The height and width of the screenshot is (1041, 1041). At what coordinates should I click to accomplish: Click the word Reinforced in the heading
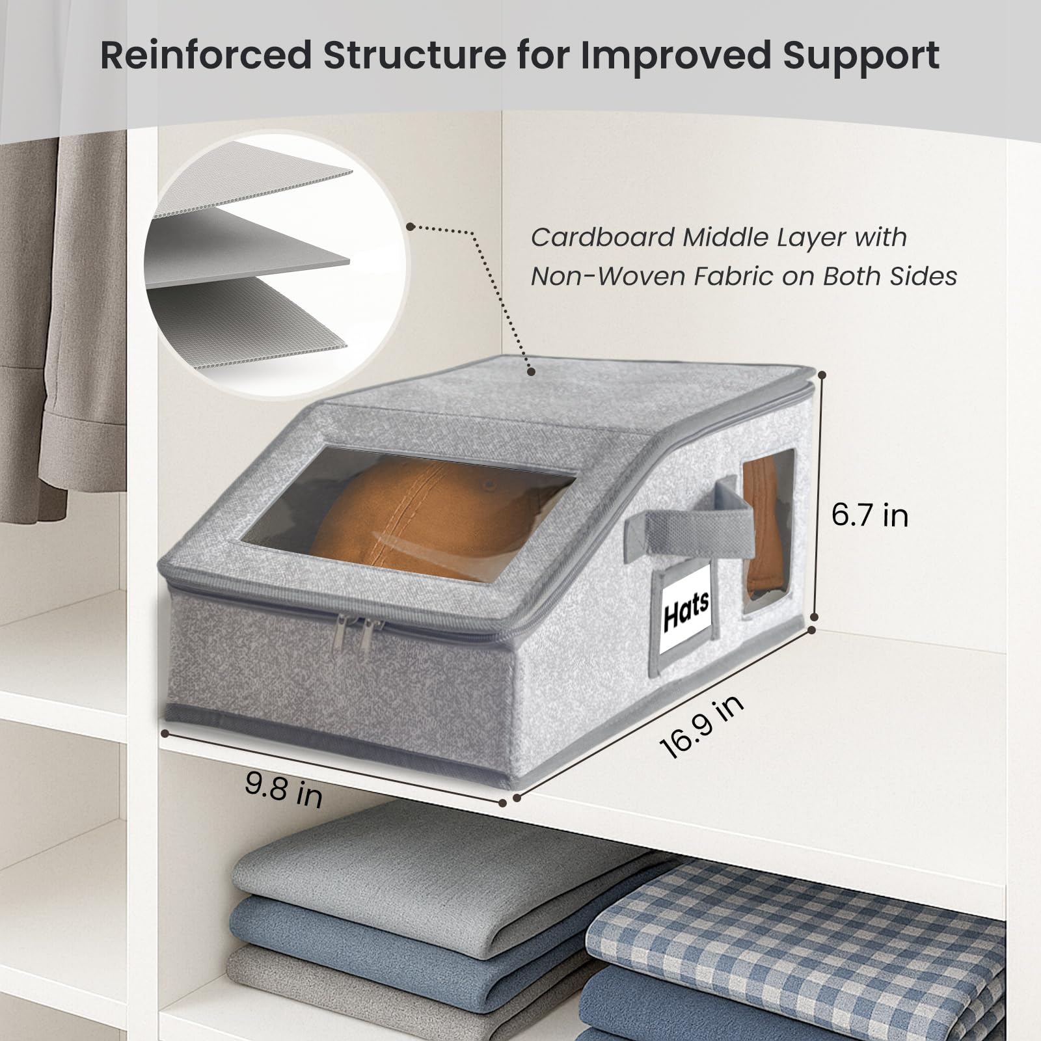(x=206, y=55)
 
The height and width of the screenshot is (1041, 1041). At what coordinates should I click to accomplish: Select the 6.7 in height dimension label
(x=869, y=516)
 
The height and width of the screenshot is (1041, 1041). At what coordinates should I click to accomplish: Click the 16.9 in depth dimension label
(x=701, y=727)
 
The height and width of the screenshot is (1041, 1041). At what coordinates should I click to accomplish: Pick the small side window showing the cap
(x=768, y=530)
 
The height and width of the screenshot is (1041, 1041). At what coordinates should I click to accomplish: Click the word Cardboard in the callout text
(x=602, y=237)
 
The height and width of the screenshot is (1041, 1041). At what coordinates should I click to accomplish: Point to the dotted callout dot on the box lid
(x=532, y=372)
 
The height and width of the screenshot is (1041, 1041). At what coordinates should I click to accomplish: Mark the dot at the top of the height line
(x=822, y=375)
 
